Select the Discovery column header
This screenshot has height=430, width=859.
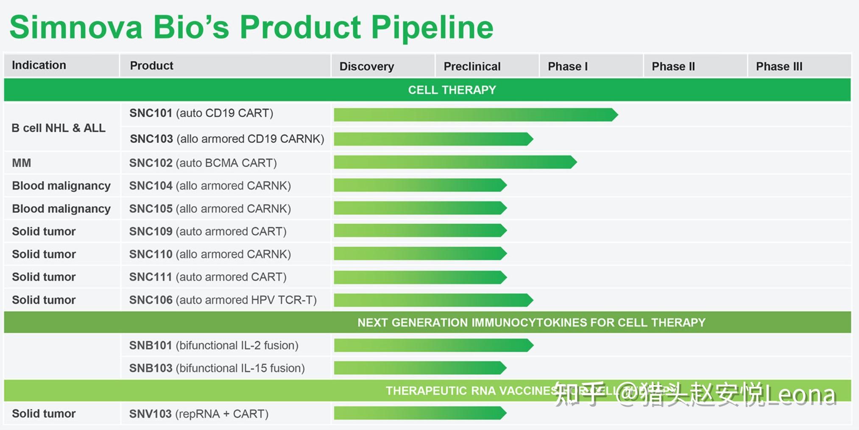367,67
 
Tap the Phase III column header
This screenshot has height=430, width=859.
779,67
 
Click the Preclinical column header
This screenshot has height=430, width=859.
472,67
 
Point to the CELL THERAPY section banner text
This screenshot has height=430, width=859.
452,90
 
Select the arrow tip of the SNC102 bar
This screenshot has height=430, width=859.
573,162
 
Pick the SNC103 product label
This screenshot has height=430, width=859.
227,139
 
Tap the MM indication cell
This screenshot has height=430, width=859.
22,163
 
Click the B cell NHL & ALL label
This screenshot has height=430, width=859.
59,128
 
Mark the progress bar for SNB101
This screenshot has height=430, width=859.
432,345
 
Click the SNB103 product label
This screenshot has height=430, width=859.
217,368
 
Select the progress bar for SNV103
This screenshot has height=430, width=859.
420,413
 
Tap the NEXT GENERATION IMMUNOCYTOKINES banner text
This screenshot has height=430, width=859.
531,323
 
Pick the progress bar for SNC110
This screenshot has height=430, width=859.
420,254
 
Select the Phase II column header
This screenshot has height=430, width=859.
673,67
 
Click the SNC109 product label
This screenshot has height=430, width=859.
208,232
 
